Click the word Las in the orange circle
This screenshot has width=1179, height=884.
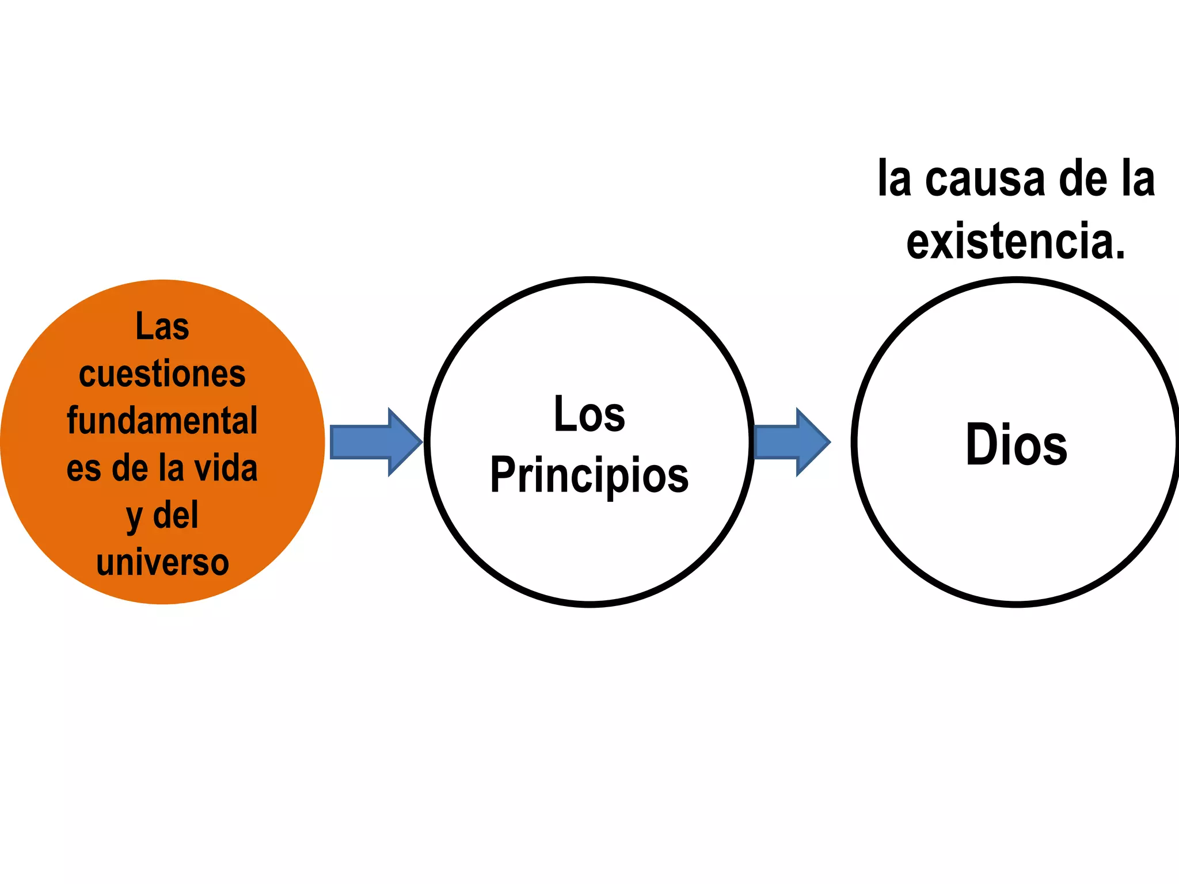[162, 326]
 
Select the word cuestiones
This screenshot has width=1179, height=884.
[162, 374]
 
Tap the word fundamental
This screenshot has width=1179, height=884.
[162, 421]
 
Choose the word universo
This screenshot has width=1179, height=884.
[162, 562]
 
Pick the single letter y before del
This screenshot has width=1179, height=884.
[134, 518]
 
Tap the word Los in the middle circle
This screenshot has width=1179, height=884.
[589, 414]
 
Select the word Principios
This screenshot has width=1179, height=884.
[589, 476]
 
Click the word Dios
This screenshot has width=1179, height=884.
[1016, 444]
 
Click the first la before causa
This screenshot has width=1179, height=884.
[894, 180]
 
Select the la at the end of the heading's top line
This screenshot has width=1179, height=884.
[1139, 180]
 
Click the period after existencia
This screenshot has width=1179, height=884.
[1119, 254]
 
